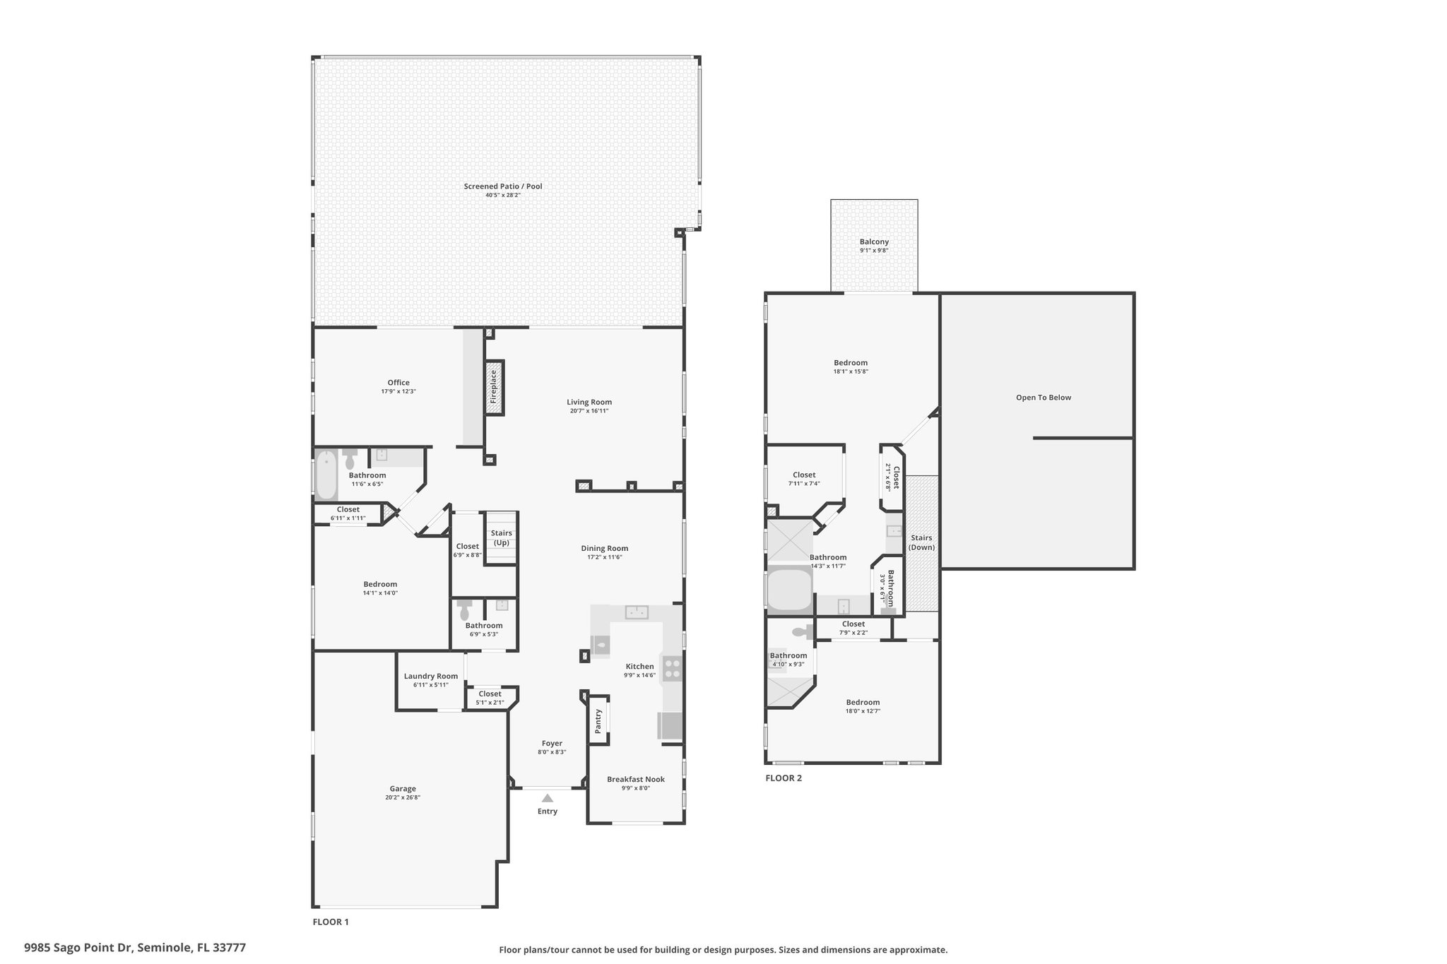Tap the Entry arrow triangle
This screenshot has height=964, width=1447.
click(x=548, y=798)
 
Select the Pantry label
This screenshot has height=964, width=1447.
click(x=598, y=721)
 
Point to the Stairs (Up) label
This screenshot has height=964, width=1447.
click(x=502, y=538)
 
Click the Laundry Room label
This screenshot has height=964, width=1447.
click(x=431, y=676)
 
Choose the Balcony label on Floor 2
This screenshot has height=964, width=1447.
click(x=874, y=242)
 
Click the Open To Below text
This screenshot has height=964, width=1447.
click(x=1044, y=398)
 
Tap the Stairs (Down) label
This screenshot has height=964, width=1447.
click(x=921, y=542)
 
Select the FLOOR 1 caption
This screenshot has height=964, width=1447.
click(x=331, y=922)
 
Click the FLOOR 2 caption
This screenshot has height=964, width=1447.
click(x=784, y=778)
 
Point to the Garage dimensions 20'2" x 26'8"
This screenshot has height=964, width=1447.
click(x=403, y=797)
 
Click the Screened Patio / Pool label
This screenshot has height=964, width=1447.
click(x=503, y=186)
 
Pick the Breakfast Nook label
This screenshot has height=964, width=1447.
click(x=636, y=780)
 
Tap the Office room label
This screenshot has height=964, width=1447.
click(x=398, y=383)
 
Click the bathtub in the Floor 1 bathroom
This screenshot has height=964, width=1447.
click(x=326, y=475)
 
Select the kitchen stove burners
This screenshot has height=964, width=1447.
click(x=672, y=669)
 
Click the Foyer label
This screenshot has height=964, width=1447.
click(x=552, y=744)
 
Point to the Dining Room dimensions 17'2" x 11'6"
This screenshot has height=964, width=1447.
click(x=605, y=557)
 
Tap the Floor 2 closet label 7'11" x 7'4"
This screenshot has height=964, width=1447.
click(x=804, y=484)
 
